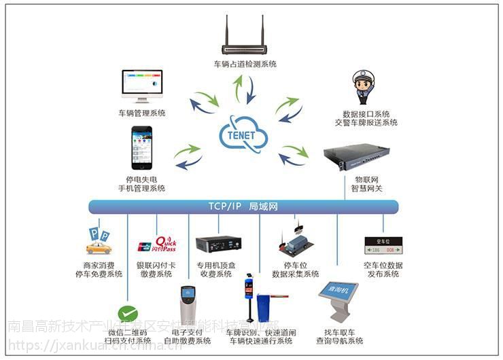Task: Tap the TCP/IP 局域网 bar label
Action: point(243,206)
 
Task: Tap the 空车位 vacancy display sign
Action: point(383,245)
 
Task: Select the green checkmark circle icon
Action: point(127,314)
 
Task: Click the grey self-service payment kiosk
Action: point(188,303)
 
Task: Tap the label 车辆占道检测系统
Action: point(245,65)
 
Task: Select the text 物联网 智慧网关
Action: point(366,183)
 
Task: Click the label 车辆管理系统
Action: point(142,113)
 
